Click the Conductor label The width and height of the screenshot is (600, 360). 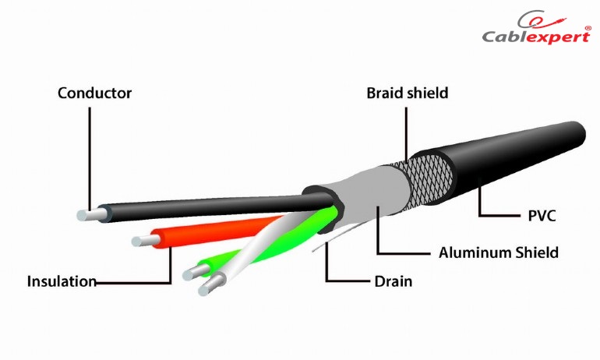[x=94, y=93]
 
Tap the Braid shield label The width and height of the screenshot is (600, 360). [x=407, y=93]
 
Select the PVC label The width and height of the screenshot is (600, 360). [x=542, y=216]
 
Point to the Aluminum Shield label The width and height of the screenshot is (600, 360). [x=498, y=252]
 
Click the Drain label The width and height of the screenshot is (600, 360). [x=394, y=281]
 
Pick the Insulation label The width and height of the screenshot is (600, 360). [x=62, y=281]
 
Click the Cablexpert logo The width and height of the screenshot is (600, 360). [x=537, y=27]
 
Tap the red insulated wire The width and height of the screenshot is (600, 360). [x=214, y=231]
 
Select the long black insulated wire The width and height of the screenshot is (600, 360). [x=214, y=207]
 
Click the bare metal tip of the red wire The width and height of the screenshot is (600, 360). [x=146, y=241]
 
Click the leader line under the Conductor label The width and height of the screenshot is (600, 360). [x=90, y=158]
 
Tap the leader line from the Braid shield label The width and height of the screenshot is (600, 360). [x=406, y=135]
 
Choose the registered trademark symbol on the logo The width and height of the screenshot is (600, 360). [x=588, y=28]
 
